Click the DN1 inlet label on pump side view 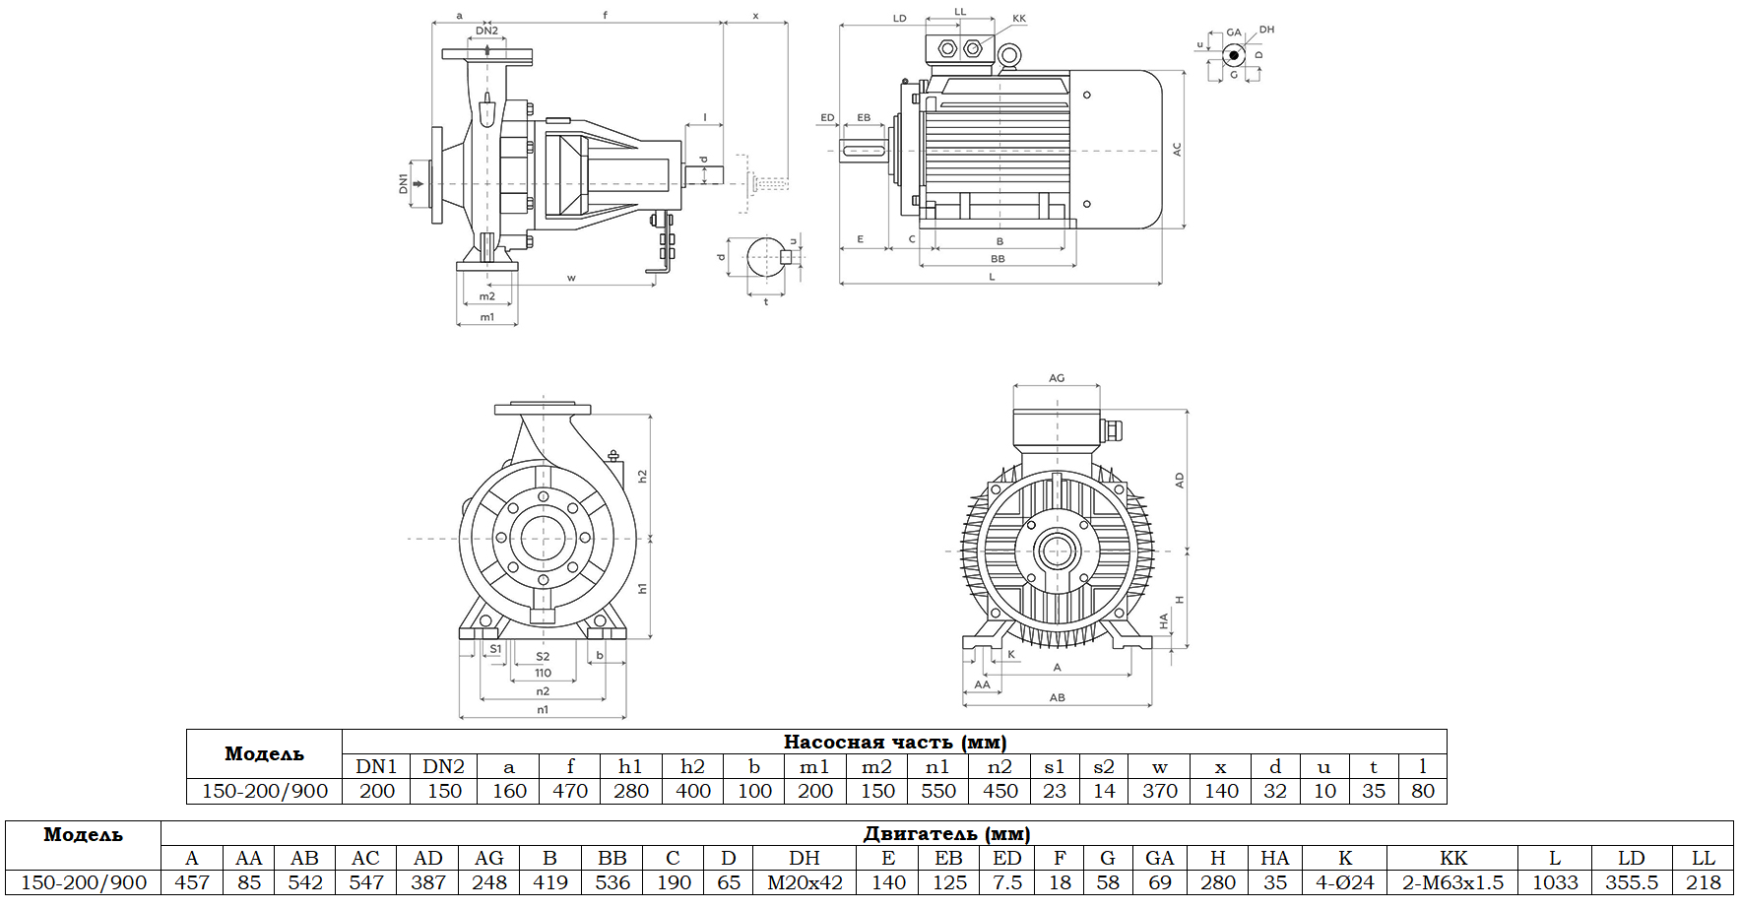click(403, 183)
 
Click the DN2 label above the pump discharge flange click(486, 31)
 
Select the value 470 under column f click(569, 791)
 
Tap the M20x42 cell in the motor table click(805, 882)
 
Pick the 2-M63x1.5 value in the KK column click(1452, 882)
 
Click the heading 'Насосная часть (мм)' click(894, 742)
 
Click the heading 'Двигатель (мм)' click(946, 833)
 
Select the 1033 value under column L click(1555, 882)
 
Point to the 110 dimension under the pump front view click(543, 674)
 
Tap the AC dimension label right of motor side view click(1177, 150)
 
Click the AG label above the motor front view click(1057, 378)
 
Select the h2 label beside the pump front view click(642, 476)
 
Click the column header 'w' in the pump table click(1160, 766)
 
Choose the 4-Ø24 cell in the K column click(1345, 882)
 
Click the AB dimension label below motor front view click(1057, 697)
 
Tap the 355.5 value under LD click(1632, 882)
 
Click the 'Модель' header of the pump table click(264, 754)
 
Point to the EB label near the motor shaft click(864, 117)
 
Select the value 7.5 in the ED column click(1006, 882)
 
